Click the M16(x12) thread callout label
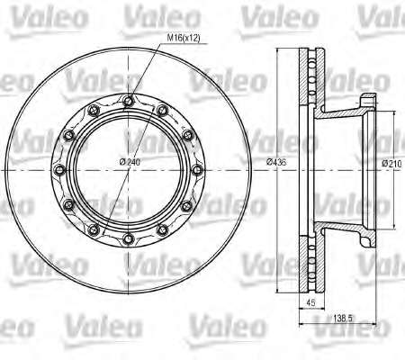pyautogui.click(x=183, y=38)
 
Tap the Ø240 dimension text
pyautogui.click(x=130, y=162)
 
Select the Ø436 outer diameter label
pyautogui.click(x=276, y=162)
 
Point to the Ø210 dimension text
pyautogui.click(x=391, y=164)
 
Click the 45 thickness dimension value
pyautogui.click(x=311, y=302)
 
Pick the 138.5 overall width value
pyautogui.click(x=341, y=318)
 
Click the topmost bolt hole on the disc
pyautogui.click(x=129, y=101)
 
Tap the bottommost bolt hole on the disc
pyautogui.click(x=129, y=238)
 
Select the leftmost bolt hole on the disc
pyautogui.click(x=60, y=170)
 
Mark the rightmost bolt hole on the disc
pyautogui.click(x=197, y=170)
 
